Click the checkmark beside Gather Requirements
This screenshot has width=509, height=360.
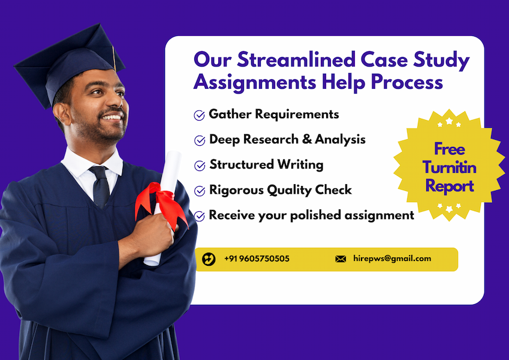(200, 115)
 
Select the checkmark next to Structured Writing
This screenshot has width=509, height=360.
(200, 166)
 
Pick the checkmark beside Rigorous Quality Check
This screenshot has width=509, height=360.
(200, 191)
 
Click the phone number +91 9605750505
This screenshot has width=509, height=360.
(257, 259)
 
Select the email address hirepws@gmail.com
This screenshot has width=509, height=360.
(392, 259)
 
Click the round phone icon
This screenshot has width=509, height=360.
(209, 259)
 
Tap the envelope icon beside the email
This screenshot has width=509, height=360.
(341, 259)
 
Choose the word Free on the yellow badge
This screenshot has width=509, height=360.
(450, 149)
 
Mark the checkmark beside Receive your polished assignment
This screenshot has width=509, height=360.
(200, 216)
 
